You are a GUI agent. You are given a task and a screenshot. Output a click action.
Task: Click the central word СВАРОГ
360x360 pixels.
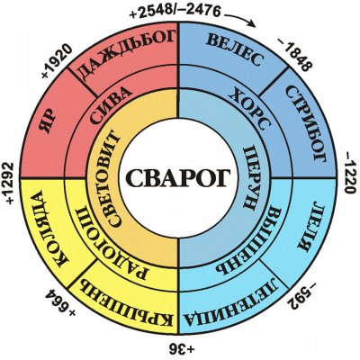179,177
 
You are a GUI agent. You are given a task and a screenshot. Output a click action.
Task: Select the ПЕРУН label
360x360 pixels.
250,177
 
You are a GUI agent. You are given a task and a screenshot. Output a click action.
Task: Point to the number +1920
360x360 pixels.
57,61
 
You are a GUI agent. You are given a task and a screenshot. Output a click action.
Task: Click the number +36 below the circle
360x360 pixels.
179,348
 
